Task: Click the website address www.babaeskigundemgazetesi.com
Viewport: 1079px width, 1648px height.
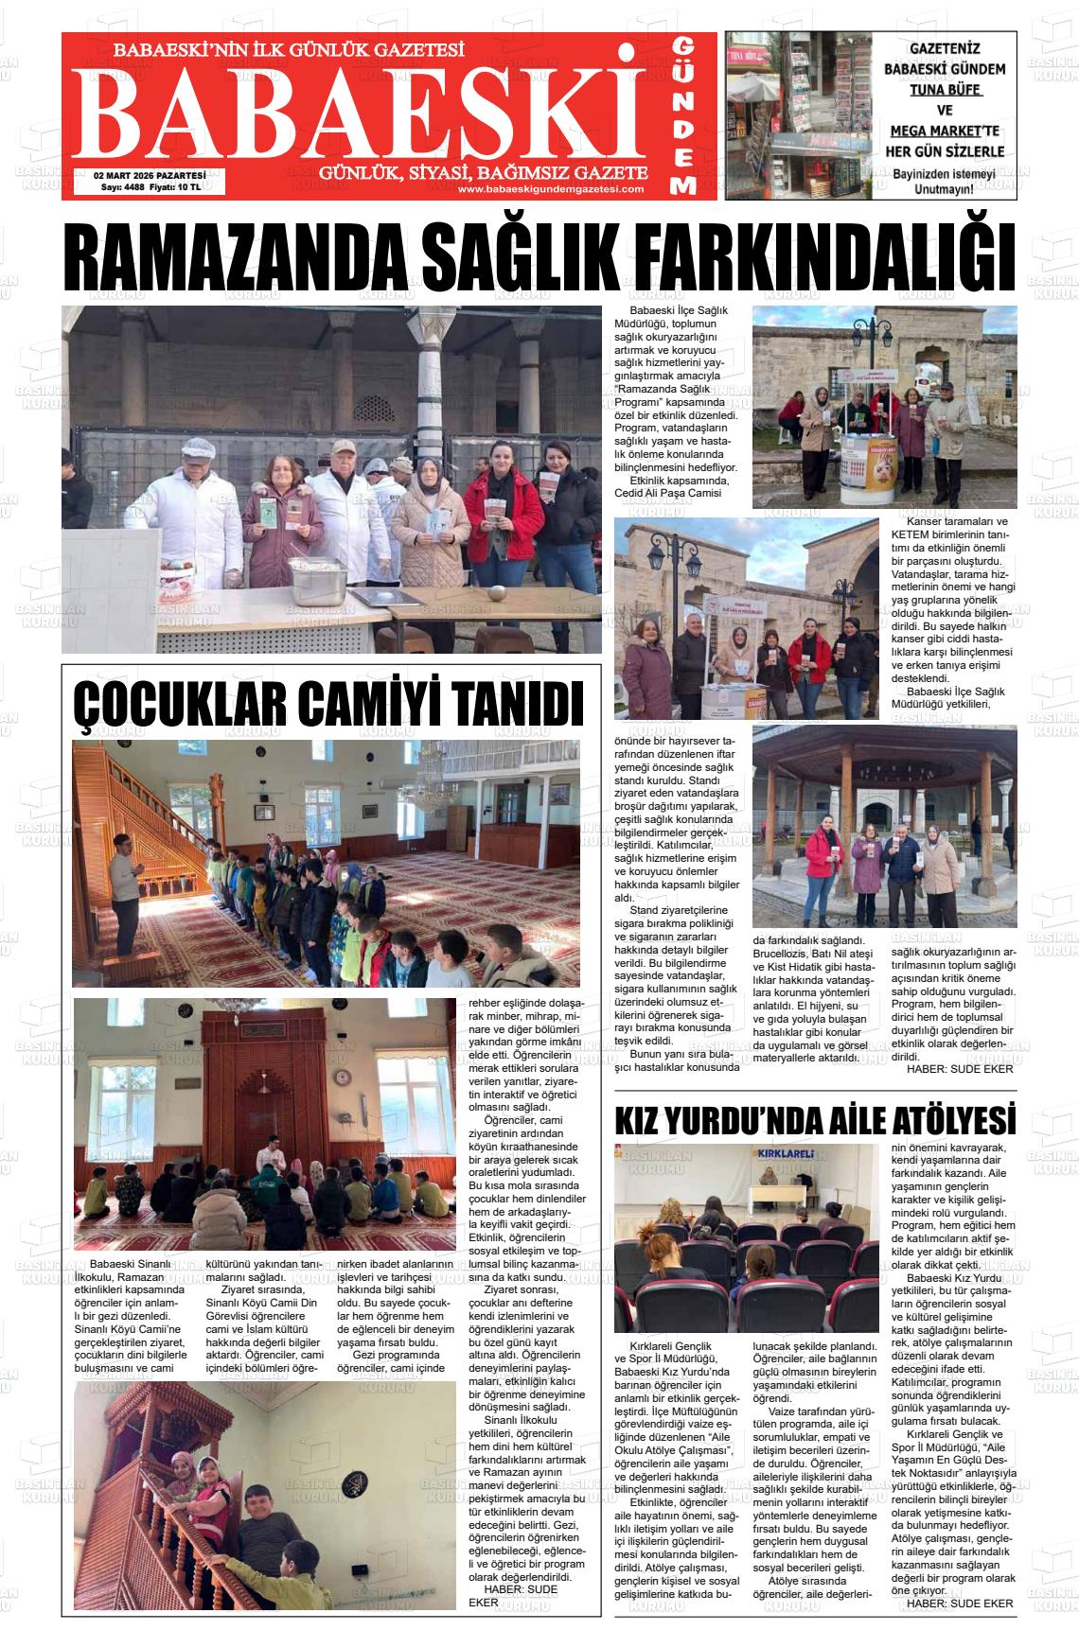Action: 551,189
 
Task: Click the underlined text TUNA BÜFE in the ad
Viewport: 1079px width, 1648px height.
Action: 945,90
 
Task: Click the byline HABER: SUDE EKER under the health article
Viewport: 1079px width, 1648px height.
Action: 960,1069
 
